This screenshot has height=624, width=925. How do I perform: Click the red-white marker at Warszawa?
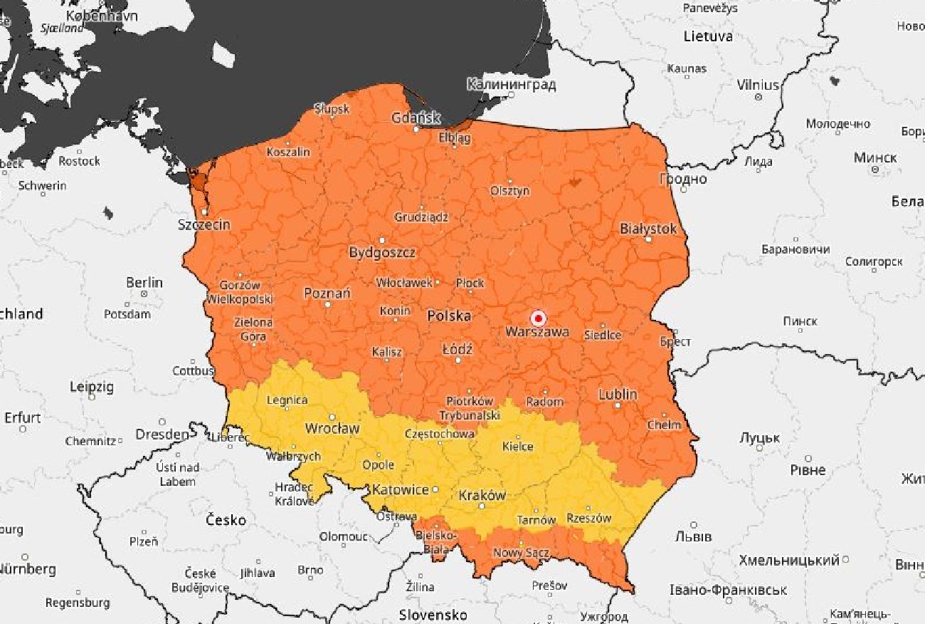(x=539, y=318)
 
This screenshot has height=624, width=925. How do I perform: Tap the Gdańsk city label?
(x=416, y=118)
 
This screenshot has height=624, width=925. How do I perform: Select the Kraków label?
(x=482, y=496)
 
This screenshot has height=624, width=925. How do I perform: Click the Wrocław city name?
(x=332, y=428)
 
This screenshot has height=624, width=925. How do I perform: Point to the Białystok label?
(x=647, y=229)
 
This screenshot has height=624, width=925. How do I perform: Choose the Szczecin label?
(x=203, y=224)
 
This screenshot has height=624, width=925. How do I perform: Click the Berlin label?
(x=144, y=283)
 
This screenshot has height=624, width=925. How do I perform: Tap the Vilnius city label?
(x=758, y=85)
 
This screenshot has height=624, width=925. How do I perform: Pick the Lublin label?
(x=618, y=395)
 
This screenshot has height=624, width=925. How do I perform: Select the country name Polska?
(x=448, y=316)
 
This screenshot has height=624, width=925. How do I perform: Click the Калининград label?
(x=511, y=85)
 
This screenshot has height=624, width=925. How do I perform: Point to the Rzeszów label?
(x=588, y=519)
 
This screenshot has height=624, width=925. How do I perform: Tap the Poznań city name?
(x=327, y=293)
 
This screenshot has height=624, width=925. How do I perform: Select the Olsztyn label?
(x=509, y=191)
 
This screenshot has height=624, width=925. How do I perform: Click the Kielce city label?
(x=517, y=447)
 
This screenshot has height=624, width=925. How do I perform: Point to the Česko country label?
(x=226, y=520)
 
